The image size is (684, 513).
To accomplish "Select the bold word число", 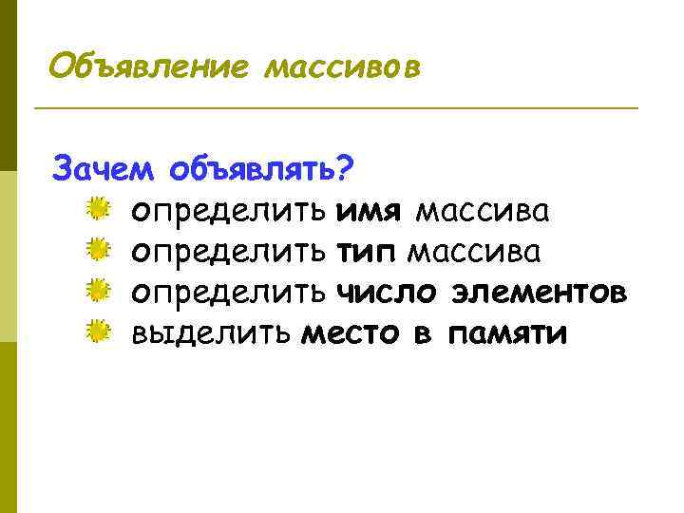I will tap(390, 293).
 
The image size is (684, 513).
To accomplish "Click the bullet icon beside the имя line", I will tap(97, 209).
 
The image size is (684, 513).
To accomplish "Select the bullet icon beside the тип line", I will tap(97, 250).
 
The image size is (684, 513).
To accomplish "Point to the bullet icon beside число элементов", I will tap(97, 291).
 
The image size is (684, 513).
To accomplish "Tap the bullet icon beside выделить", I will tap(97, 332).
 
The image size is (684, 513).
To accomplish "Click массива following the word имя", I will tap(483, 211).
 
